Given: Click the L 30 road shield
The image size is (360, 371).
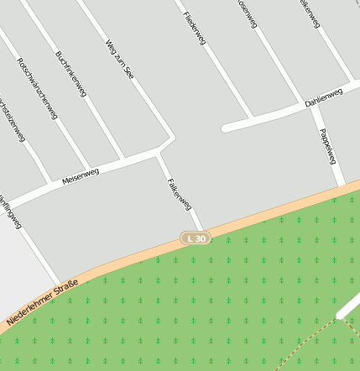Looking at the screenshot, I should pyautogui.click(x=196, y=238).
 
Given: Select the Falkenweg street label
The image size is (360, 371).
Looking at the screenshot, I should pyautogui.click(x=180, y=193).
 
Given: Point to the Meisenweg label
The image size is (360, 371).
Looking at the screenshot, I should pyautogui.click(x=81, y=176).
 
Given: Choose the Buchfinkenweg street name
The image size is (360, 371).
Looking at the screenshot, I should pyautogui.click(x=70, y=75).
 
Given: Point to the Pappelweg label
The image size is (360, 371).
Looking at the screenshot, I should pyautogui.click(x=327, y=145).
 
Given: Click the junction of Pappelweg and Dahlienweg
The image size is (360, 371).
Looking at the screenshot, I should pyautogui.click(x=317, y=106).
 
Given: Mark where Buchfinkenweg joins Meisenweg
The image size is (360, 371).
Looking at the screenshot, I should pyautogui.click(x=124, y=159).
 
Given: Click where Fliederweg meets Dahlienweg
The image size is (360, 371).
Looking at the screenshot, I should pyautogui.click(x=252, y=118).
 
